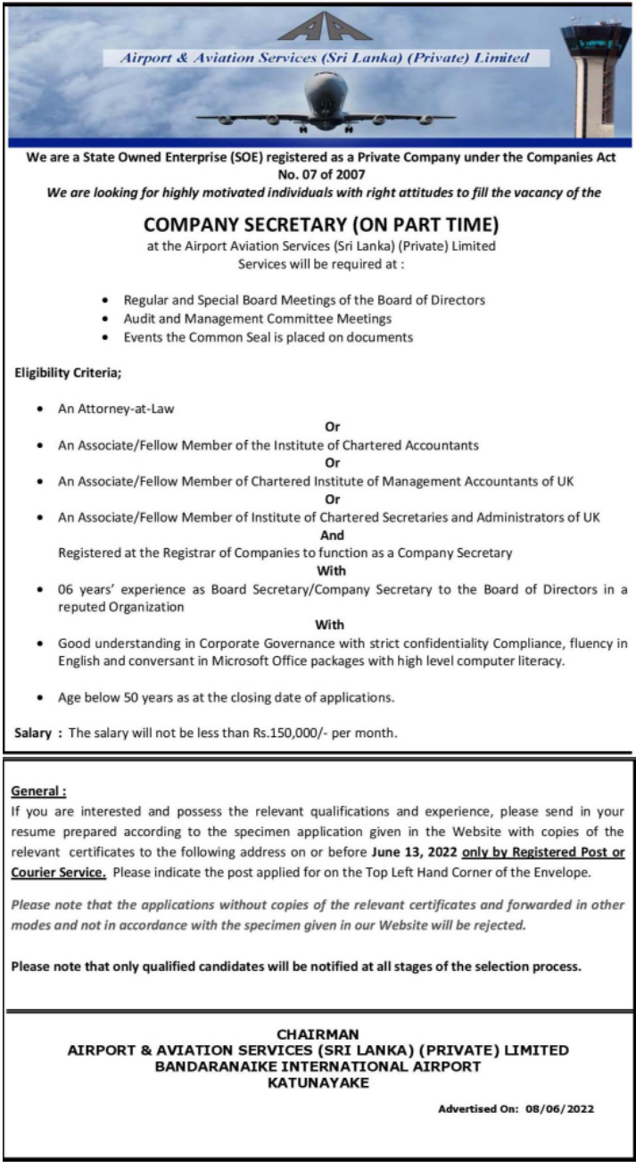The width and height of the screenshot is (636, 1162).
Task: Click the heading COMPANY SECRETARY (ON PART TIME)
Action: [x=320, y=223]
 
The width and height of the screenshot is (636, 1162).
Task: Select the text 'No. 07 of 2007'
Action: [x=321, y=175]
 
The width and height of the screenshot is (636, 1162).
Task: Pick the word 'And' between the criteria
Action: [x=332, y=535]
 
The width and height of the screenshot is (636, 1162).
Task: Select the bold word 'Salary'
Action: [x=34, y=733]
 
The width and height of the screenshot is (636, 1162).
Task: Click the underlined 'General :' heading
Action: [x=39, y=792]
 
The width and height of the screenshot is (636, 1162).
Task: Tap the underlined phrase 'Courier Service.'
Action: [x=59, y=871]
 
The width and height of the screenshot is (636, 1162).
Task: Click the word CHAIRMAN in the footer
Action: [x=318, y=1034]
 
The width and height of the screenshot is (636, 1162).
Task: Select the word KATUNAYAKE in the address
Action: [x=318, y=1083]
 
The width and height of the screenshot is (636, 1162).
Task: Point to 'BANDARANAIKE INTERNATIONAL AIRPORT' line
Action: [x=318, y=1067]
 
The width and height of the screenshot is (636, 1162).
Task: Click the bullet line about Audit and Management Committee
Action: [x=258, y=319]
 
